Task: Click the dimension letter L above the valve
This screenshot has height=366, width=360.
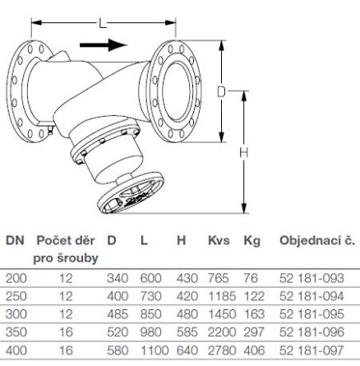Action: pos(103,23)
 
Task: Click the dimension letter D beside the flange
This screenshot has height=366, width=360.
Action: pos(221,92)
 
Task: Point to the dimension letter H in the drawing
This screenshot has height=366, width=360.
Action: pos(243,153)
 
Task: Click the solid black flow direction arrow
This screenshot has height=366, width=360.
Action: pos(104,45)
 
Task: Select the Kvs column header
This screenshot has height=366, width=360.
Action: pos(219,240)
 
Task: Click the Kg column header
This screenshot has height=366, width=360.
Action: pos(252,241)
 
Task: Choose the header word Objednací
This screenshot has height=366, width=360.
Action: pos(308,241)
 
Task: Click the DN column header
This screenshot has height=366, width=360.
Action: pos(15,240)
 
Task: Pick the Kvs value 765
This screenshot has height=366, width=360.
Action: pos(219,278)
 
